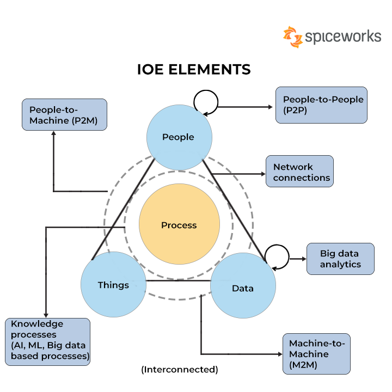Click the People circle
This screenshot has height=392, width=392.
179,137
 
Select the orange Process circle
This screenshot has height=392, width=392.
179,225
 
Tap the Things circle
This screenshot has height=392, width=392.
113,285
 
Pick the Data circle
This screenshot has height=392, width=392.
243,288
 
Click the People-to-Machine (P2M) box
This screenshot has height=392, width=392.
64,114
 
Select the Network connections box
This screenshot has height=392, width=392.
299,172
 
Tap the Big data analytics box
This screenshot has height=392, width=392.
340,259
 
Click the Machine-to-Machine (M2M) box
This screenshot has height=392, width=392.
316,354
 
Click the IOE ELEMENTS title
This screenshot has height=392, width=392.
193,70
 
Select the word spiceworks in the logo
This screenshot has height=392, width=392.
342,36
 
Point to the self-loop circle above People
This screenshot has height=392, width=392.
206,101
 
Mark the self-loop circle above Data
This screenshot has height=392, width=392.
276,255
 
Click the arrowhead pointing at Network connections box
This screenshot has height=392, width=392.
262,174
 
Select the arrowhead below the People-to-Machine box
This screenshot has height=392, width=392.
53,134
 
